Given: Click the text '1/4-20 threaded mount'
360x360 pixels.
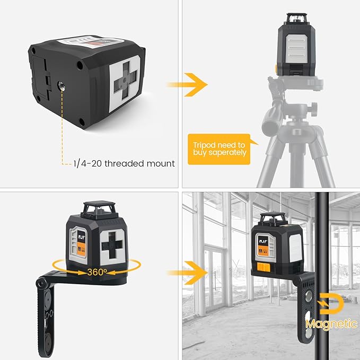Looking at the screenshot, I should (x=125, y=163).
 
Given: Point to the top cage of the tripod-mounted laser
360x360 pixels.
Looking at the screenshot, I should (x=297, y=20).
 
